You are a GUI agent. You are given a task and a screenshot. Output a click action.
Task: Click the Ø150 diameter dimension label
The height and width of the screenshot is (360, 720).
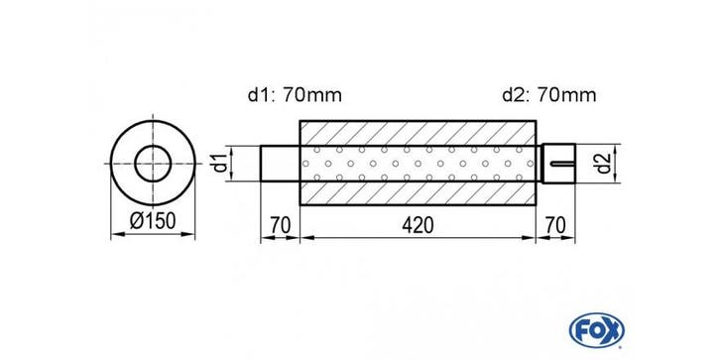(x=153, y=222)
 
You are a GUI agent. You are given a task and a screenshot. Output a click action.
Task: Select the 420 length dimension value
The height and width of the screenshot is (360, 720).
(x=418, y=226)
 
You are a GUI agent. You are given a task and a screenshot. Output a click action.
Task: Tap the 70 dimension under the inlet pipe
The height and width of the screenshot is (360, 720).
(x=280, y=226)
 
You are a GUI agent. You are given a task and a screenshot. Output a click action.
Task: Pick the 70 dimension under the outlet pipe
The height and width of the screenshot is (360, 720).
(x=555, y=226)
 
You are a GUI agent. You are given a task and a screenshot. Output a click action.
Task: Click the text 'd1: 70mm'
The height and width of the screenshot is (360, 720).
(x=295, y=95)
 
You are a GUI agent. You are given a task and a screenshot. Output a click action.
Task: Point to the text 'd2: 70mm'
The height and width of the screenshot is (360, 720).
(x=549, y=95)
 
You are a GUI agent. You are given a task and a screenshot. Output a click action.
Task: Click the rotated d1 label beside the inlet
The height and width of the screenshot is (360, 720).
(x=221, y=164)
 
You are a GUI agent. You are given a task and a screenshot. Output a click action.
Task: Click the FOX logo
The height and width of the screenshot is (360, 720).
(x=596, y=330)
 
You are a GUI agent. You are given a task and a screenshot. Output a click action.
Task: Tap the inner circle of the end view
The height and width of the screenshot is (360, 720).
(x=153, y=146)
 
